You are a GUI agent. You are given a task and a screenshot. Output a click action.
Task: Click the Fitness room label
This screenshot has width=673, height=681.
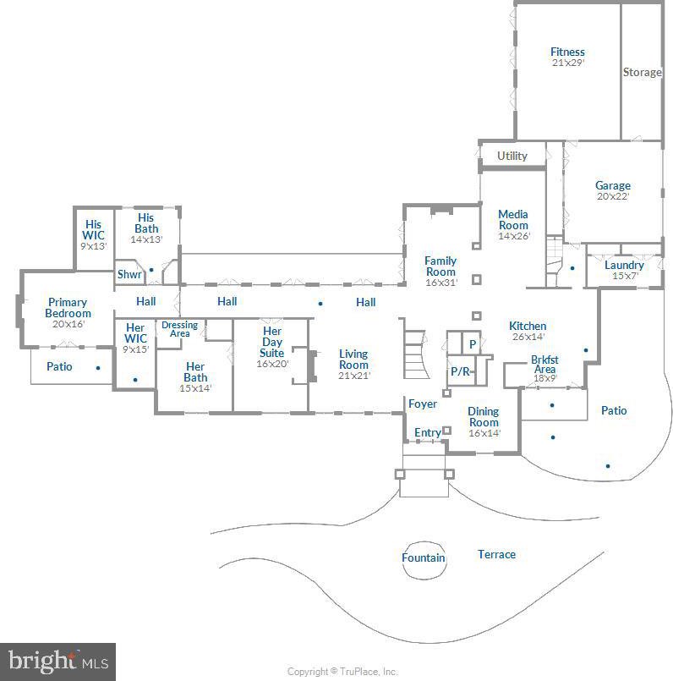click(567, 52)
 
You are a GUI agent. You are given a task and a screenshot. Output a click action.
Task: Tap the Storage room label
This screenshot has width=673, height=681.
click(643, 72)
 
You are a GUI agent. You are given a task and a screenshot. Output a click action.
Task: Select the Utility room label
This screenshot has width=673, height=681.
click(512, 156)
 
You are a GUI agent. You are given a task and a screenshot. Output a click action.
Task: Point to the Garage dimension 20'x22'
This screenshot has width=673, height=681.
click(613, 196)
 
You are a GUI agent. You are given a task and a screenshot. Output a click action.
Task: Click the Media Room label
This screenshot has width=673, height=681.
click(513, 220)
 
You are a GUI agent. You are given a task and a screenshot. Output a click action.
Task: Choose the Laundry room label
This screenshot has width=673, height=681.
click(624, 265)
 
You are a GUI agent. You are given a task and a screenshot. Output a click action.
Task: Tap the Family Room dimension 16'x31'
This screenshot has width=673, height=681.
click(441, 283)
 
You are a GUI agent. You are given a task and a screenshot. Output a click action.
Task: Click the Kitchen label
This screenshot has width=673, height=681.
click(528, 326)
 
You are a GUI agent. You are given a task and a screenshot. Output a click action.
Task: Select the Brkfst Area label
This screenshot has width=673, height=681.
click(544, 365)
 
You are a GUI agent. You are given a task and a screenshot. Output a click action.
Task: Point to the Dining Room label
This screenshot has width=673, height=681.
click(484, 416)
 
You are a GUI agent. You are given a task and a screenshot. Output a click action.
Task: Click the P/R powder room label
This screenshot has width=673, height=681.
click(460, 371)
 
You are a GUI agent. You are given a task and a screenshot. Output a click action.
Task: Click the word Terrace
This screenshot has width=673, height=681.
click(496, 554)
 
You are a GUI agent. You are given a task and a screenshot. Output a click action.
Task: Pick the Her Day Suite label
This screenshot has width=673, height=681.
click(271, 342)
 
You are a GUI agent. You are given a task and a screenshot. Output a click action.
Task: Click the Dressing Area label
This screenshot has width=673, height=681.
click(179, 329)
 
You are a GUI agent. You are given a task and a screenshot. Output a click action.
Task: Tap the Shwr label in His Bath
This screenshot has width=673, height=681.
click(129, 274)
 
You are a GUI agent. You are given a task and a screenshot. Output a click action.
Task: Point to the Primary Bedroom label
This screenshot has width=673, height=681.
click(68, 307)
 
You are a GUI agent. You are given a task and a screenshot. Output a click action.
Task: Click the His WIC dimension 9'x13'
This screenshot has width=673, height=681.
click(93, 246)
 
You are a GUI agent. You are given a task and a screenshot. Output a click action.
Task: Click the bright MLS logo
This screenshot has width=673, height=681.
click(57, 662)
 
